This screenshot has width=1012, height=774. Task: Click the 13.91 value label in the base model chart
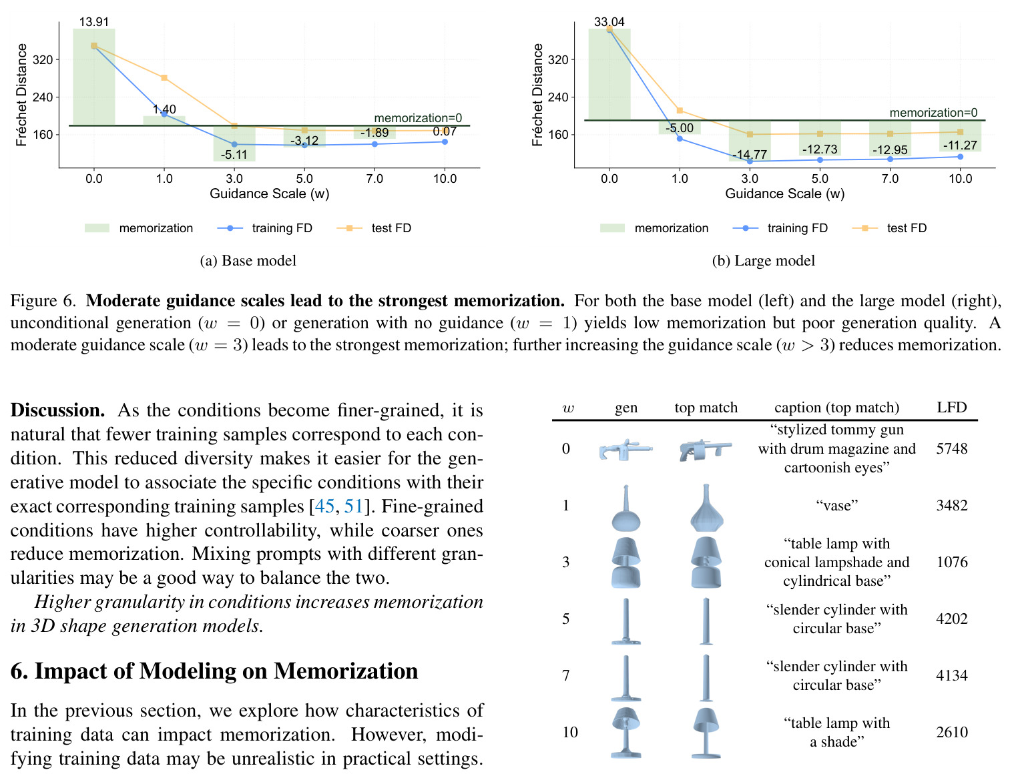coord(93,21)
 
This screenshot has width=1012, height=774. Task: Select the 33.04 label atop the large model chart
coord(609,21)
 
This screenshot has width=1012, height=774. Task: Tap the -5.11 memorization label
coord(234,155)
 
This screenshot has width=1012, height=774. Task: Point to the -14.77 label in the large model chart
coord(750,154)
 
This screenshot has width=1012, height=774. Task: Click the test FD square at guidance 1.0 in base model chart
coord(164,78)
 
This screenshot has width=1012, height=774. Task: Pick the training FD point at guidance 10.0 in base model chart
coord(445,142)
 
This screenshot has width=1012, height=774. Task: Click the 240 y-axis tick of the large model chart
coord(558,97)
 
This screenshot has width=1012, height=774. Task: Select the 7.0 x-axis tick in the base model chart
coord(374,179)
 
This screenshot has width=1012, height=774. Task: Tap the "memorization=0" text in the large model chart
coord(933,112)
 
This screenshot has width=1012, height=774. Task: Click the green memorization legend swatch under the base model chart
coord(97,228)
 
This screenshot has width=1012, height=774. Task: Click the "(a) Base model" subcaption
coord(248,261)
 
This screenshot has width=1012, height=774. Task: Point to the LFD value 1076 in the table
coord(952,562)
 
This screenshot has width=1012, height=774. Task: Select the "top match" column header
coord(706,408)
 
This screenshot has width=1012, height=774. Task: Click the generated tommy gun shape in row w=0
coord(625,450)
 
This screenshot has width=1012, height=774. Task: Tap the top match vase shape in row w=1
coord(706,508)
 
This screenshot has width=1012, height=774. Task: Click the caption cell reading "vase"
coord(837,505)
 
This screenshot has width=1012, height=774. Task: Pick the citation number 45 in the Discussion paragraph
coord(324,506)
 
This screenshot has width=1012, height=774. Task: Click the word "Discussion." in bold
coord(57,410)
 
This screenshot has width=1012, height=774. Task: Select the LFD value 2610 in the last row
coord(952,732)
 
